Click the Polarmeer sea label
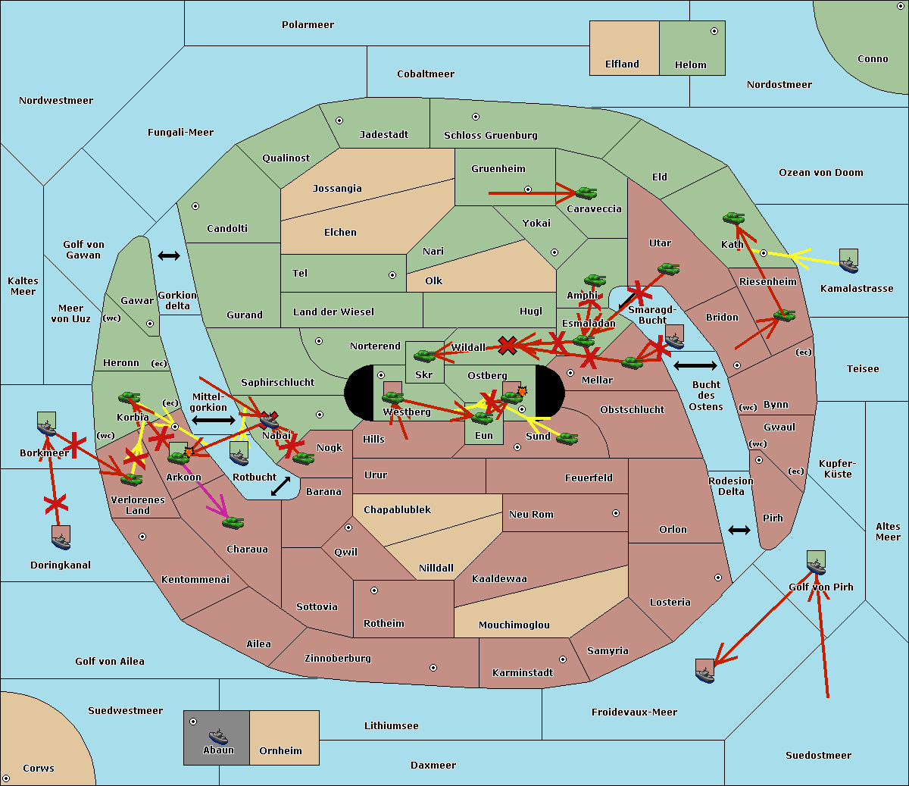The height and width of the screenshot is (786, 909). tap(308, 25)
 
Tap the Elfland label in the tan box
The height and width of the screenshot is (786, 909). tap(622, 64)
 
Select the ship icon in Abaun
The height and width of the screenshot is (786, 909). tap(218, 736)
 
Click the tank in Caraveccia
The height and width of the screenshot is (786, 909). tap(586, 193)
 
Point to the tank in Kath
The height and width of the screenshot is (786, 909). tap(733, 218)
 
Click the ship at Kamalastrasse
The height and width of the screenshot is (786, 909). tap(848, 262)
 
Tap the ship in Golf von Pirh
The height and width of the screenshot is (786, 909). tap(816, 564)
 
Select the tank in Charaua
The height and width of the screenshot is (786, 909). tap(233, 522)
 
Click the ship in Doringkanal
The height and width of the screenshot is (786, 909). tap(61, 538)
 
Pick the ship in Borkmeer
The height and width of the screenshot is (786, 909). tap(47, 426)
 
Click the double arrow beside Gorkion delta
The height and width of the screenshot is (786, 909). tap(168, 256)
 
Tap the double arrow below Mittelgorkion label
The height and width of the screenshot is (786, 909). tap(214, 420)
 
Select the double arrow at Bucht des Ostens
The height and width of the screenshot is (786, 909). tap(695, 366)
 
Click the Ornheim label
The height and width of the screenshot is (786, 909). tap(280, 751)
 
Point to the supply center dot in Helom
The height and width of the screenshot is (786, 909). tap(714, 31)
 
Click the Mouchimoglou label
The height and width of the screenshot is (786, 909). tap(514, 625)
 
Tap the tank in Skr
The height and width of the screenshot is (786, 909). tap(424, 355)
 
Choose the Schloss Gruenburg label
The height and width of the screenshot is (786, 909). tap(490, 136)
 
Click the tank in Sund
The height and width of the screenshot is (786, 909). tap(567, 438)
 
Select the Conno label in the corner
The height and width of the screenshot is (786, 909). tap(873, 59)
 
